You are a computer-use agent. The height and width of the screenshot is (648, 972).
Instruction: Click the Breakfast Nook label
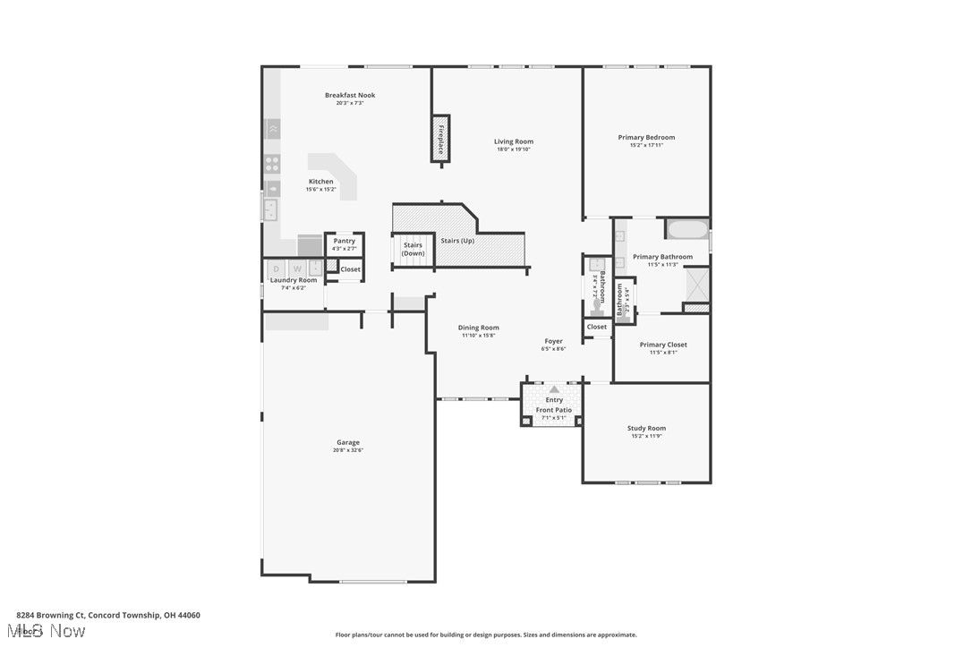[x=350, y=95]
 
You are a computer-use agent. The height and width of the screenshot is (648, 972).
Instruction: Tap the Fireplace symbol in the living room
[x=440, y=139]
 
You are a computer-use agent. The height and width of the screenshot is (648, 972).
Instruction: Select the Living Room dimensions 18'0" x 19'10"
[x=514, y=149]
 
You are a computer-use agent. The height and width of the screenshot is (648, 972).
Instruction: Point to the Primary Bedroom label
[x=646, y=137]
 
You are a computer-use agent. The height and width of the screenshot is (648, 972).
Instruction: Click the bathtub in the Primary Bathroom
[x=686, y=229]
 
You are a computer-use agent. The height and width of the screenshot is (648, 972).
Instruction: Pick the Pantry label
[x=344, y=241]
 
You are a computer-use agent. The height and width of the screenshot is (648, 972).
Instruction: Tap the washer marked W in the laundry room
[x=296, y=269]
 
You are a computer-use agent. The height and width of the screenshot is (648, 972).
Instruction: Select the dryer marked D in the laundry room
[x=276, y=269]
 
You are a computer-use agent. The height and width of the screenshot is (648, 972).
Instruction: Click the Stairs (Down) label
[x=413, y=249]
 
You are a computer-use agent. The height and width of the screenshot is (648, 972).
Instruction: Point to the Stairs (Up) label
[x=457, y=241]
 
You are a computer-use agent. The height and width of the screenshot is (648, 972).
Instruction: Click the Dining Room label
[x=479, y=328]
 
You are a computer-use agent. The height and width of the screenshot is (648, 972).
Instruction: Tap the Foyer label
[x=554, y=341]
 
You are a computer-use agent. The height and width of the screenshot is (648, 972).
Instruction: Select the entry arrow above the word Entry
[x=554, y=389]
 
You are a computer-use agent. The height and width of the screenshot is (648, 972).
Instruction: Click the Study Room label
[x=646, y=428]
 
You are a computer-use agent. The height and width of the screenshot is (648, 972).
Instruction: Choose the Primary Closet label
[x=663, y=345]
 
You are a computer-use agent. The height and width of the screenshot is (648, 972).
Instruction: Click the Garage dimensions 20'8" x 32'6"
[x=348, y=450]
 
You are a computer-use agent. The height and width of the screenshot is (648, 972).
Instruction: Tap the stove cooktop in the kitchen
[x=272, y=164]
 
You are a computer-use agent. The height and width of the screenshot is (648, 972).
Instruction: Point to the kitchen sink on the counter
[x=270, y=209]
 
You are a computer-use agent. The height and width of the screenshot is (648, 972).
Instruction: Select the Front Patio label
[x=554, y=410]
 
